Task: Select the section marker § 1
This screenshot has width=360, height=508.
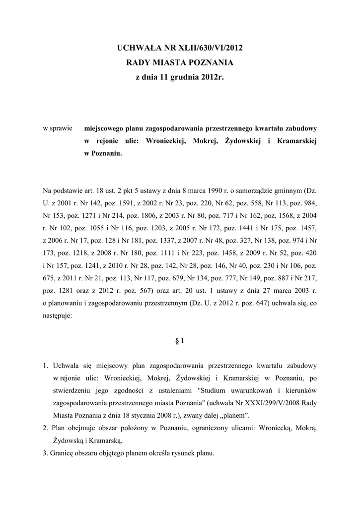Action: tap(180, 341)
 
